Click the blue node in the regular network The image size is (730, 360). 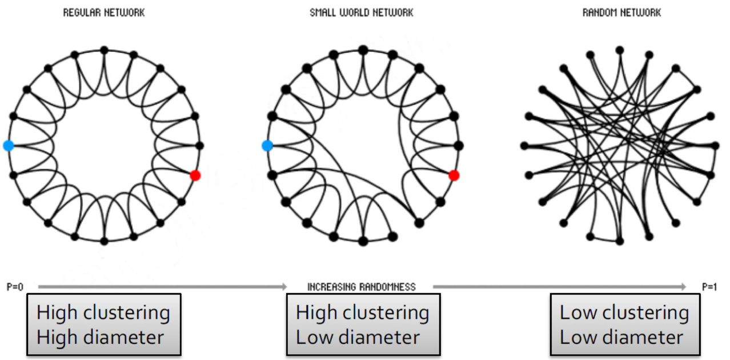[x=8, y=146]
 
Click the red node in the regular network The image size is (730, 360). [x=195, y=175]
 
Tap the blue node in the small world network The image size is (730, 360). [x=267, y=146]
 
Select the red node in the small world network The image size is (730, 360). [x=454, y=175]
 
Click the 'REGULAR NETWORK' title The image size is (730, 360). [x=104, y=13]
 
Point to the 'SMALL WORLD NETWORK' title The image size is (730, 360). [x=361, y=13]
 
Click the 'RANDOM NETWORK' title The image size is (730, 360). [x=621, y=13]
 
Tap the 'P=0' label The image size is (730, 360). [x=15, y=287]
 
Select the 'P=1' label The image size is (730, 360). [x=710, y=287]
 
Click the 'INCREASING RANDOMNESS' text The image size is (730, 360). [x=362, y=287]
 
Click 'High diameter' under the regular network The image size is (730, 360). [x=100, y=337]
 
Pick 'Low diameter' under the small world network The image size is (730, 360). [x=358, y=337]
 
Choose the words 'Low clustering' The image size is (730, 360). [x=624, y=313]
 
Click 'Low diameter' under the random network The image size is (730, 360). [x=621, y=337]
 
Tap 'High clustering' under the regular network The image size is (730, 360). [x=103, y=313]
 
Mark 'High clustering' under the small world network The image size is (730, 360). [x=362, y=313]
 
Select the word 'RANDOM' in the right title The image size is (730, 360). [x=600, y=13]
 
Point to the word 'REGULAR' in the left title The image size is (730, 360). [x=82, y=13]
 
